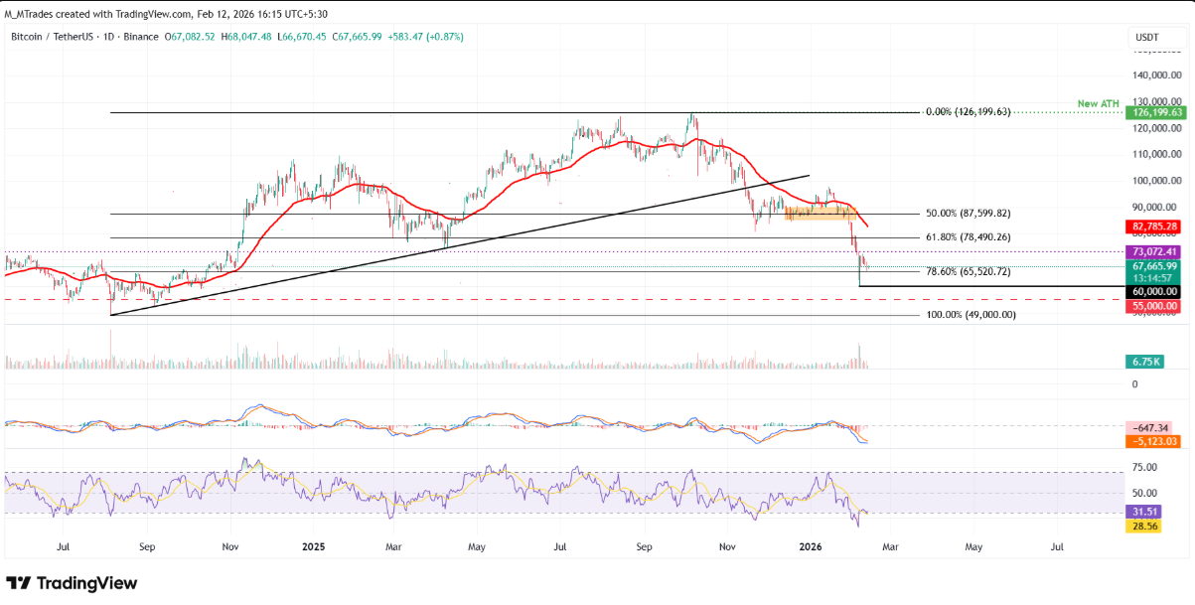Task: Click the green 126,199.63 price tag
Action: pos(1153,113)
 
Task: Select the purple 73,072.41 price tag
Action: pos(1153,252)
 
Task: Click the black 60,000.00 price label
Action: pos(1153,291)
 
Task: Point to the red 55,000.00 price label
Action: pos(1153,306)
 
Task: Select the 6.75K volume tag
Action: pos(1144,362)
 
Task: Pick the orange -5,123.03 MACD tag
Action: pos(1153,441)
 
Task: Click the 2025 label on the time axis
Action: pos(313,546)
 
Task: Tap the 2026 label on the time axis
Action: pos(812,546)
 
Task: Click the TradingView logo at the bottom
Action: pos(72,583)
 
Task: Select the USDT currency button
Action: pos(1146,37)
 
